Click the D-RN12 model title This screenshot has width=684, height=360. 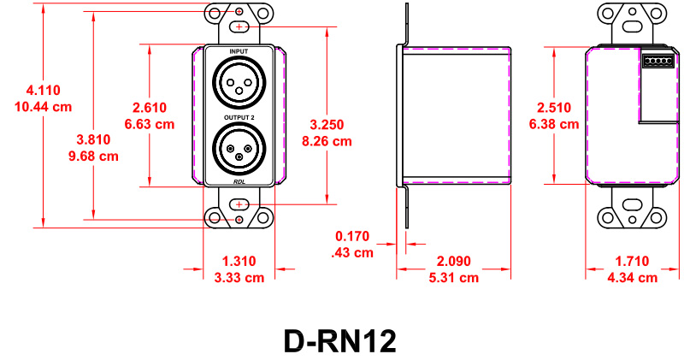click(x=340, y=340)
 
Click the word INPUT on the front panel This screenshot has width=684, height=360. click(x=239, y=53)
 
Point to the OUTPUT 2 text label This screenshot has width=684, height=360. click(x=239, y=117)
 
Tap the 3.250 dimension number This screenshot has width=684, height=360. click(x=327, y=125)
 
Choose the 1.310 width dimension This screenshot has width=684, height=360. click(x=239, y=261)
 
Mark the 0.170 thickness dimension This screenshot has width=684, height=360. click(x=352, y=236)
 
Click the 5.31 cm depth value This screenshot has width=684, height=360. click(x=453, y=277)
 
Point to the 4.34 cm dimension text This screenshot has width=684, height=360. click(x=632, y=277)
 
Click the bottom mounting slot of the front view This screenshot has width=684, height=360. click(x=239, y=205)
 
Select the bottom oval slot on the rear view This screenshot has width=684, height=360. click(x=633, y=206)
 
